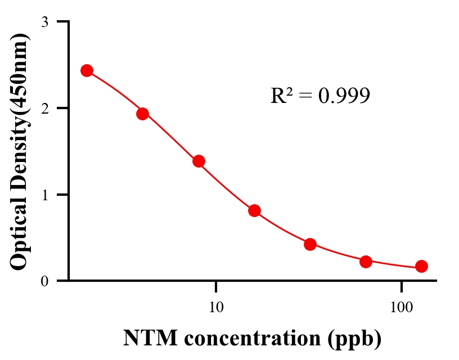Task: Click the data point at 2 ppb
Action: [87, 70]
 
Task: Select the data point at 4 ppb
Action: [142, 114]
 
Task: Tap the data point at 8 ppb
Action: [199, 161]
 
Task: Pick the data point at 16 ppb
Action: [254, 210]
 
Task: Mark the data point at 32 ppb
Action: [310, 244]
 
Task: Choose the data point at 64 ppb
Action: [366, 262]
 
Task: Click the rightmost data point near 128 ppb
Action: [421, 266]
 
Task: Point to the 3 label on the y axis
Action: [45, 22]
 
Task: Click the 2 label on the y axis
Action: [45, 108]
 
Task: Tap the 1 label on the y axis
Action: [45, 195]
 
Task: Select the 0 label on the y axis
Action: [45, 281]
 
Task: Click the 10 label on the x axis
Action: [216, 308]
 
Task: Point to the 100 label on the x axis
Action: [401, 308]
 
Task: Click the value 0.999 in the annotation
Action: [344, 96]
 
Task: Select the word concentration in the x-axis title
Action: [254, 339]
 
